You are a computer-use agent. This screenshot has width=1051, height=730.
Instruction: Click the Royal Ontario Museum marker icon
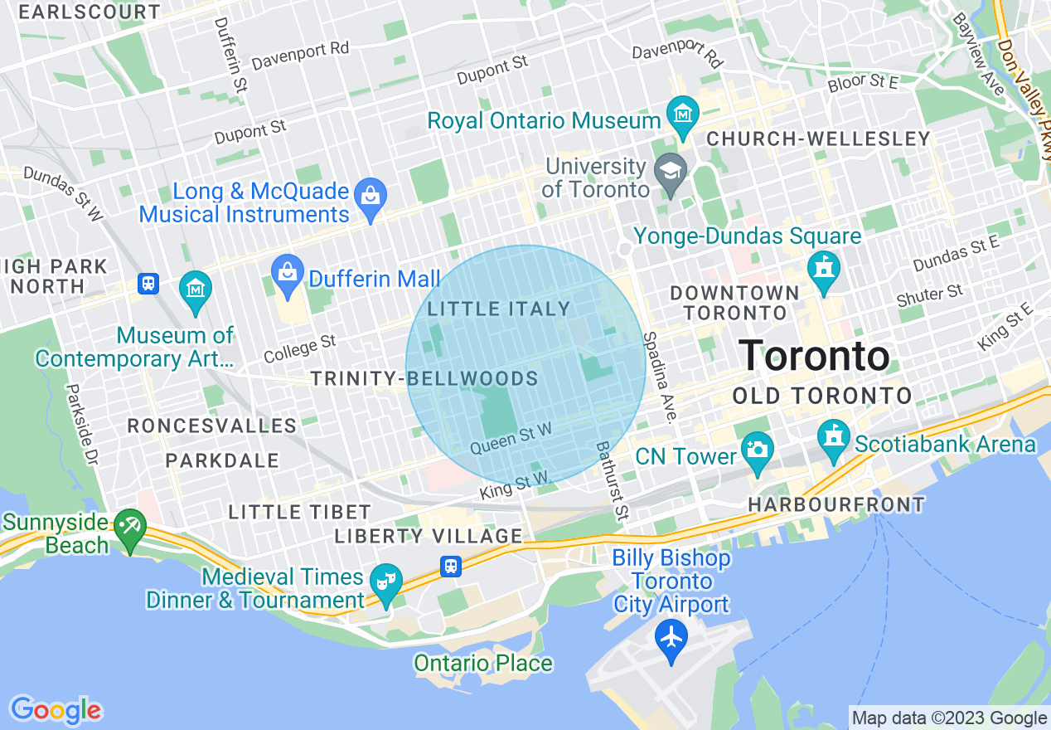(x=683, y=114)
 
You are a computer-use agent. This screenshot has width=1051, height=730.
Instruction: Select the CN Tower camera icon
(x=757, y=450)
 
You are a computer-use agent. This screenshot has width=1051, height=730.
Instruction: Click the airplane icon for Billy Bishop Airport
(x=671, y=638)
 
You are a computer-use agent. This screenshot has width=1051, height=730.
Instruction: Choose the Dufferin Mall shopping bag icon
(x=288, y=272)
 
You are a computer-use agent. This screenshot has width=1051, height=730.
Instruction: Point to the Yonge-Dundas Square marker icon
(x=824, y=269)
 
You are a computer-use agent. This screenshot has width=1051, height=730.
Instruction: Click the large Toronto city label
(x=813, y=356)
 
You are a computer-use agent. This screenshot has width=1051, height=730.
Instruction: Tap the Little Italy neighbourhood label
(x=499, y=309)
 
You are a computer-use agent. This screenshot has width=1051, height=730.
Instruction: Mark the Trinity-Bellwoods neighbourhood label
(x=424, y=379)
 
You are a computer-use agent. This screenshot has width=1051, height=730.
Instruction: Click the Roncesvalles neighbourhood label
(x=211, y=426)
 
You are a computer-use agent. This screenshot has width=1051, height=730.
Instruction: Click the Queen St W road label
(x=511, y=438)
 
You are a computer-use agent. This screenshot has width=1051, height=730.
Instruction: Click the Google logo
(x=56, y=710)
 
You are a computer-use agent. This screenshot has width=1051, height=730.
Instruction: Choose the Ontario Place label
(x=483, y=664)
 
